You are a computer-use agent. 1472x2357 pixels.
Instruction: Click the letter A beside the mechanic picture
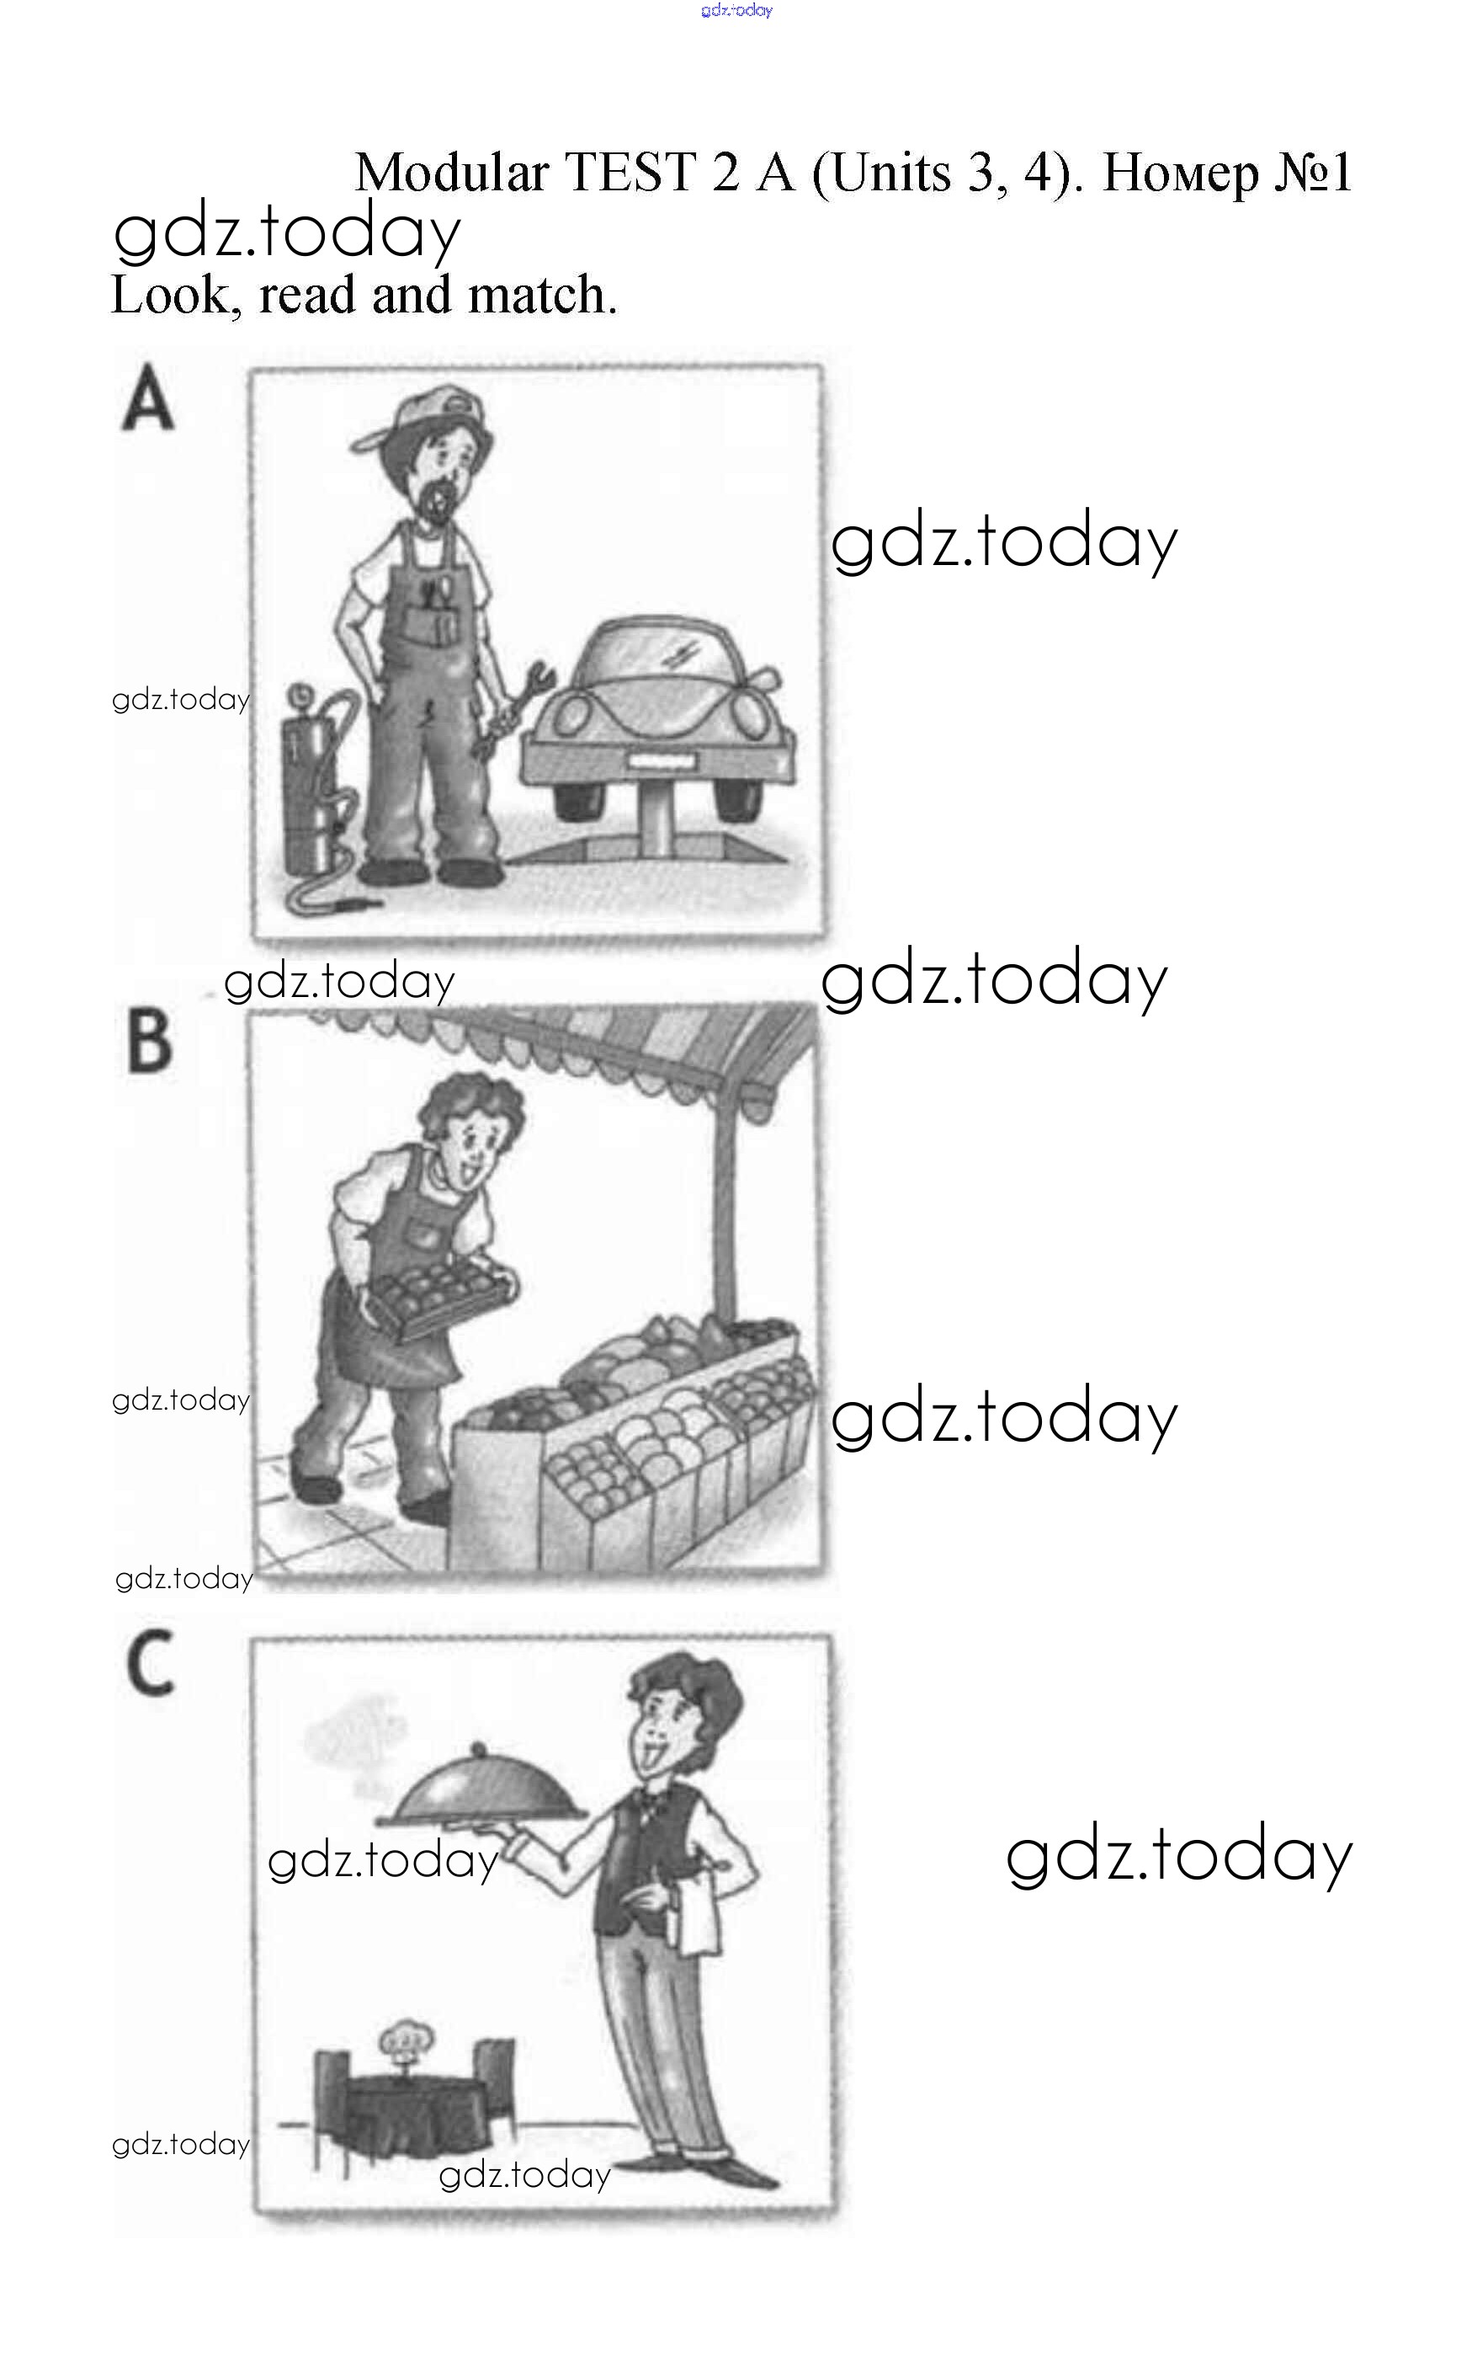tap(148, 397)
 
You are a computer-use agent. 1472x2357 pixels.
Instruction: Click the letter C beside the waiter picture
tap(151, 1663)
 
